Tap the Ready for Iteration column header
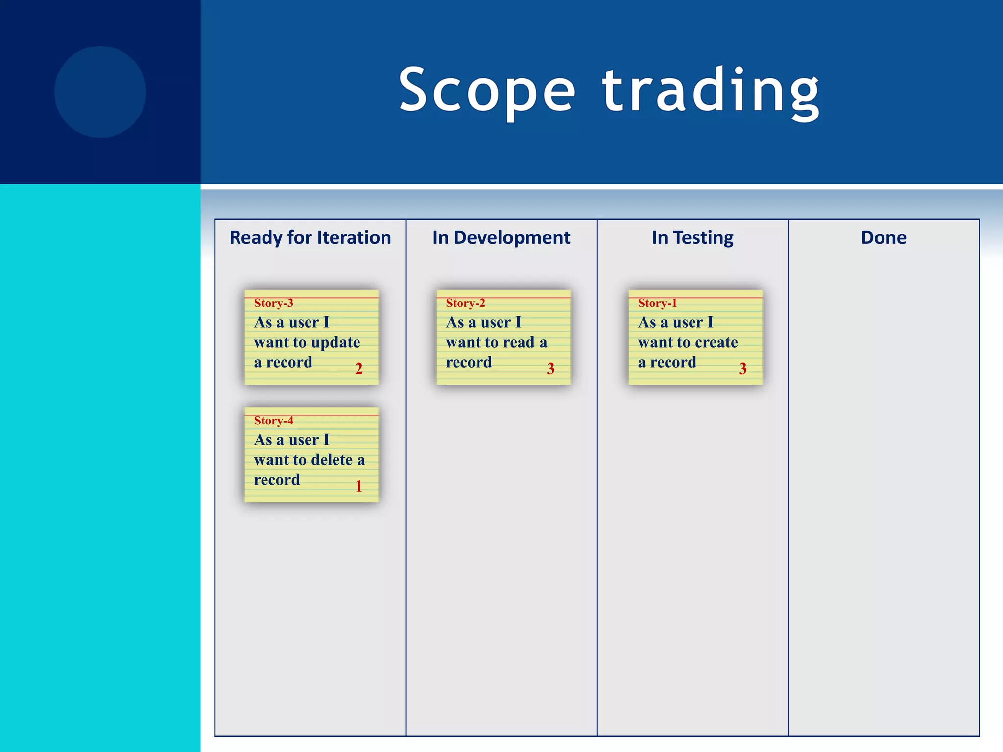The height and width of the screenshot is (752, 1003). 310,238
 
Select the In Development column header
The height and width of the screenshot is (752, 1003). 501,238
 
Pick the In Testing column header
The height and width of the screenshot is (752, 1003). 692,238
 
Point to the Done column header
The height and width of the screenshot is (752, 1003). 884,238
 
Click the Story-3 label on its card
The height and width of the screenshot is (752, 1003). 273,304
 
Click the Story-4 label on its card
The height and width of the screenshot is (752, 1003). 273,421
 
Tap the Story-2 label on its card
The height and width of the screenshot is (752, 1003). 465,304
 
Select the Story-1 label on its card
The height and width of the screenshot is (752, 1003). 657,304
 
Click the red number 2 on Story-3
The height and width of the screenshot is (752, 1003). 358,369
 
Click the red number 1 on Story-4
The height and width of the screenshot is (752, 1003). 358,486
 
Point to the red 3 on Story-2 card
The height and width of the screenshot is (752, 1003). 550,369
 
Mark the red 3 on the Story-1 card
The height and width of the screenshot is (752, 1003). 742,369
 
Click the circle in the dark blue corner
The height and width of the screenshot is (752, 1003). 100,92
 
